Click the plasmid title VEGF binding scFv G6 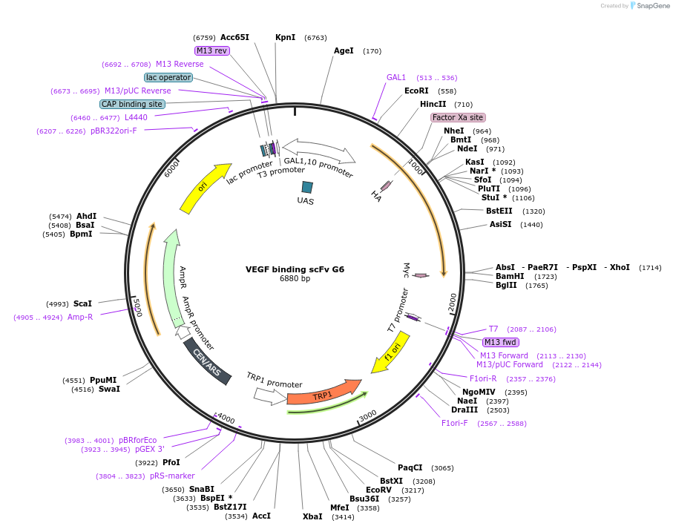click(x=295, y=269)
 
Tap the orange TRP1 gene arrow click(x=322, y=392)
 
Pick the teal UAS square click(x=306, y=188)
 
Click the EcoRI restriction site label click(x=416, y=91)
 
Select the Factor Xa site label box click(x=458, y=117)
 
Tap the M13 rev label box click(x=211, y=50)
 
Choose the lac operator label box click(x=168, y=77)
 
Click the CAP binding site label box click(x=132, y=104)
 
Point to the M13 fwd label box click(x=501, y=342)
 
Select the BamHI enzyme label click(x=510, y=276)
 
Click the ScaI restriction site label click(x=82, y=303)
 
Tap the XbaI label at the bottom click(x=312, y=516)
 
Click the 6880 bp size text click(x=295, y=279)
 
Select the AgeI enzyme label click(x=344, y=51)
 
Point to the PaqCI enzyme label click(x=410, y=467)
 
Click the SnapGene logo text click(x=651, y=6)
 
